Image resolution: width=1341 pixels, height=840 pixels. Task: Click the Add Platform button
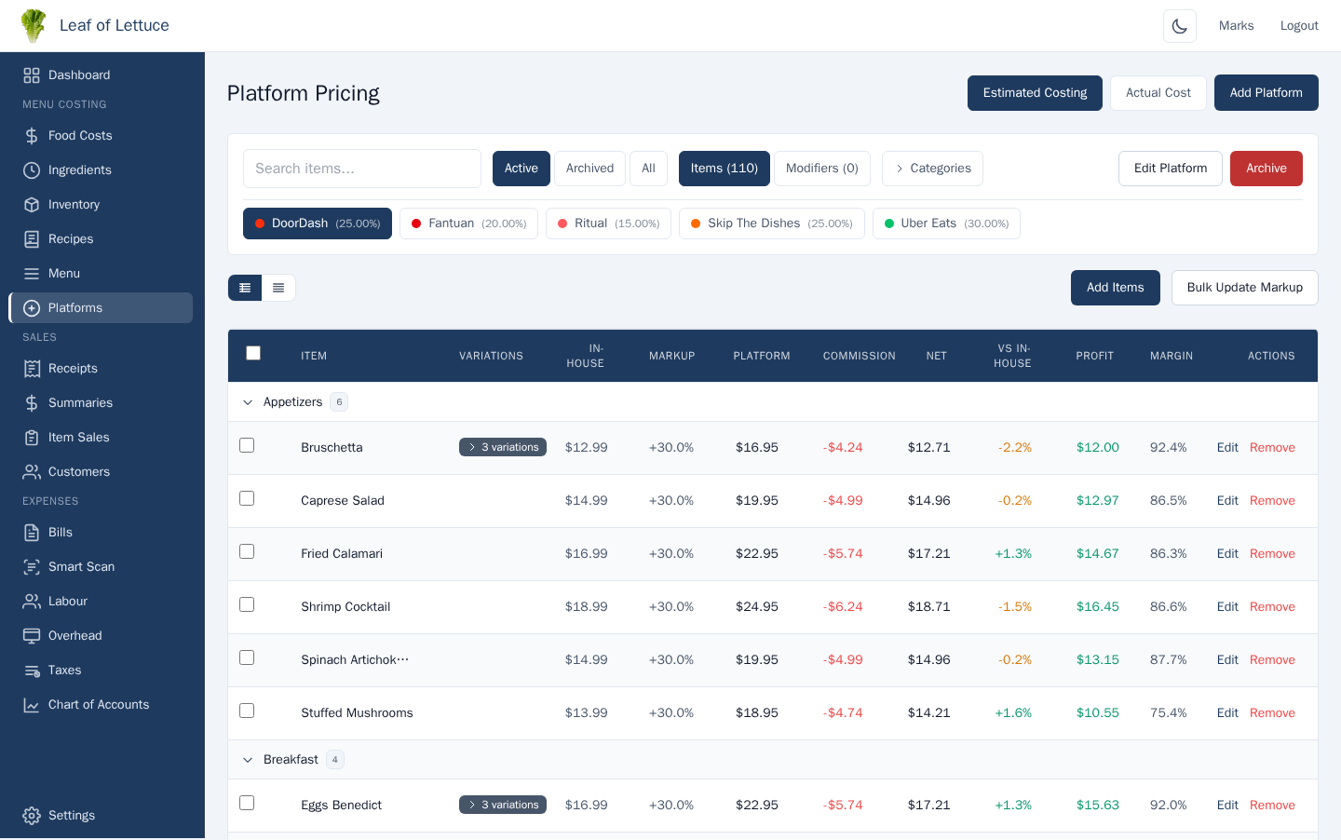1266,93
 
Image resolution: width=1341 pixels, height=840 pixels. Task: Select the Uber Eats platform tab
945,224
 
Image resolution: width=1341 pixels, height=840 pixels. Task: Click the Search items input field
361,169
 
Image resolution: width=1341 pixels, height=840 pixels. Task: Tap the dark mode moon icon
1179,26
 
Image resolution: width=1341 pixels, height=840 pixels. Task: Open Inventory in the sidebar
74,205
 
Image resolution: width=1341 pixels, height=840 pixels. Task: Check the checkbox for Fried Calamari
247,551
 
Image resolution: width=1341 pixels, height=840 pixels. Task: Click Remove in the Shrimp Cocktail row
1272,607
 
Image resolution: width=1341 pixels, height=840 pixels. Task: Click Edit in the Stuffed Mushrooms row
1227,713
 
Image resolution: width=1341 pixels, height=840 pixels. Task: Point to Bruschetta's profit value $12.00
1097,448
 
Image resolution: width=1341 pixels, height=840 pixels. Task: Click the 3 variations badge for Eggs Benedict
503,805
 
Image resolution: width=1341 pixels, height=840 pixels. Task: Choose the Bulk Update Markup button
1244,288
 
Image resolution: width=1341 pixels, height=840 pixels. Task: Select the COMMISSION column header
859,356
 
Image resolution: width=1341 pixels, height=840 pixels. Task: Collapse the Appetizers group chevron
248,402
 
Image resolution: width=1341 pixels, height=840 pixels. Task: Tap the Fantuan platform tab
468,224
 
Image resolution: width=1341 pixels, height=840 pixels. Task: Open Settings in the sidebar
71,816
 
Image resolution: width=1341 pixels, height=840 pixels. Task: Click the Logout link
1298,26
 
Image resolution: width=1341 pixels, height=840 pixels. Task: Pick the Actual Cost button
1158,93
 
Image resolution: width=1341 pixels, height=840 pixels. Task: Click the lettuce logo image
34,26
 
